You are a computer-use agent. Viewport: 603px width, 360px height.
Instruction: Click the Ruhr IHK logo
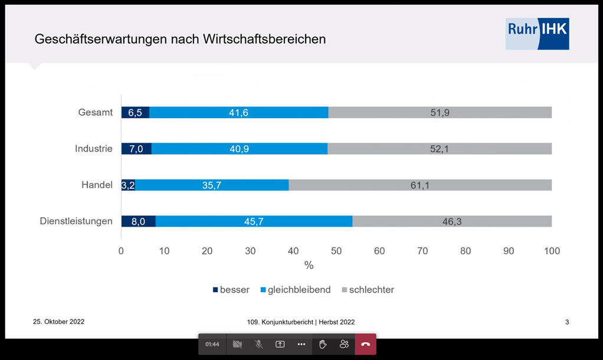(x=537, y=34)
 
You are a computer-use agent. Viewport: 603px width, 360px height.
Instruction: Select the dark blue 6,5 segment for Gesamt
(x=135, y=113)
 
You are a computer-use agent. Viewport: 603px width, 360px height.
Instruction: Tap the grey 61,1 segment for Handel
(x=420, y=185)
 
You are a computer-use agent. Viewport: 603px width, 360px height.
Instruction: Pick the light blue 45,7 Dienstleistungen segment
(x=254, y=221)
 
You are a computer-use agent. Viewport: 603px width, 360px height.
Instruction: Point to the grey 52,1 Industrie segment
(x=440, y=149)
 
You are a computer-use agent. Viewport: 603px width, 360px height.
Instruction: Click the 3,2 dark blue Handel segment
(x=128, y=185)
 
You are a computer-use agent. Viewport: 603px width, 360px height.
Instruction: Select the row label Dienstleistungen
(x=76, y=221)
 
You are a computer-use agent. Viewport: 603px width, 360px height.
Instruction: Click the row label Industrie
(x=94, y=149)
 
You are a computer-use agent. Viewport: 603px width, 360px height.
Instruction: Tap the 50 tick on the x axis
(x=336, y=251)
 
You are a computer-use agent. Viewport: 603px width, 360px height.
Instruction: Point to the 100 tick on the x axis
(x=552, y=251)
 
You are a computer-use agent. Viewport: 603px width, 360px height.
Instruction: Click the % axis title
(x=309, y=266)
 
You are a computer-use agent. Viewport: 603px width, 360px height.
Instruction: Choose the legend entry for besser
(x=231, y=290)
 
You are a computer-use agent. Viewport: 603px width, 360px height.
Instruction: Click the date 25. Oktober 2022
(x=58, y=322)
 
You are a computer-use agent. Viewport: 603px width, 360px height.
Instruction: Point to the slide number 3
(x=567, y=322)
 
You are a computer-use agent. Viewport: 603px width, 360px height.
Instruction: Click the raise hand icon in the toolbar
(x=323, y=344)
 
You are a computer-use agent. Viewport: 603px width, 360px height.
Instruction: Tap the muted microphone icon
(x=258, y=344)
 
